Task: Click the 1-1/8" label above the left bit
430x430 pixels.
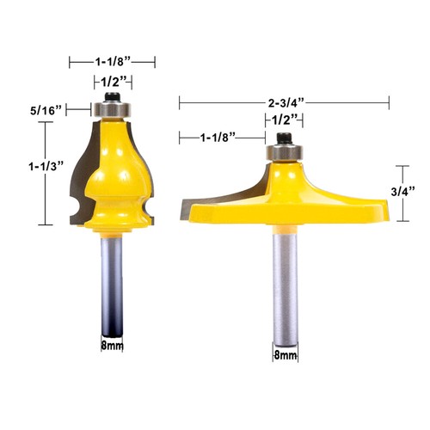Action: pyautogui.click(x=112, y=62)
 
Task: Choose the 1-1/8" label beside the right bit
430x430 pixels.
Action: pyautogui.click(x=219, y=137)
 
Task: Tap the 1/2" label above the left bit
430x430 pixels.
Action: pyautogui.click(x=112, y=82)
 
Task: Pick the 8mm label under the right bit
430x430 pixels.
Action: pyautogui.click(x=284, y=354)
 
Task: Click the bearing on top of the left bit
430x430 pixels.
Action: pyautogui.click(x=112, y=110)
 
